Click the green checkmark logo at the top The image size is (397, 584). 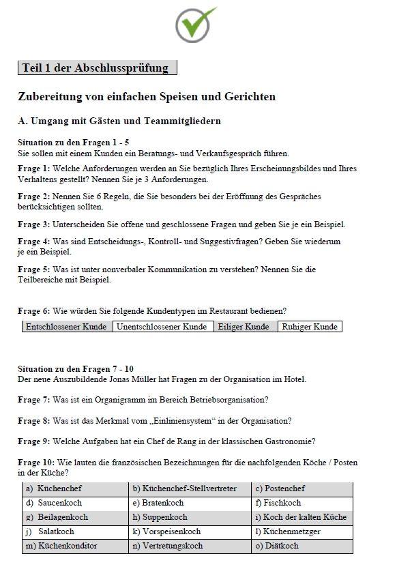coord(196,25)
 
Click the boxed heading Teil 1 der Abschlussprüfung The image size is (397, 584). coord(97,68)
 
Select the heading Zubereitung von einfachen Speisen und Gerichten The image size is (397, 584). coord(147,97)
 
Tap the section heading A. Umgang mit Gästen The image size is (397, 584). coord(119,121)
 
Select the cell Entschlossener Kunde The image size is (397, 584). coord(66,327)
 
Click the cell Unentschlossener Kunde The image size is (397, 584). coord(162,327)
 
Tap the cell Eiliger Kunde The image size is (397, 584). coord(244,327)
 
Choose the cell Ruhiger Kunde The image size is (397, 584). coord(310,327)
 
